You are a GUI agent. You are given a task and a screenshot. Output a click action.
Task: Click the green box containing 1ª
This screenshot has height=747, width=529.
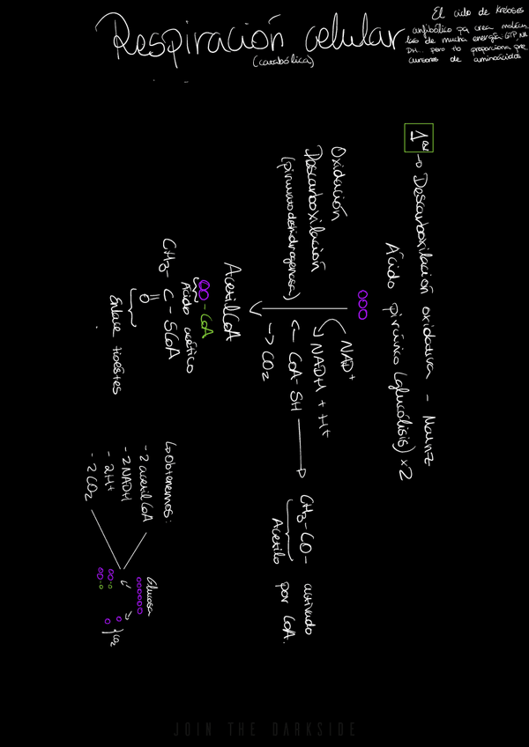click(414, 138)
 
